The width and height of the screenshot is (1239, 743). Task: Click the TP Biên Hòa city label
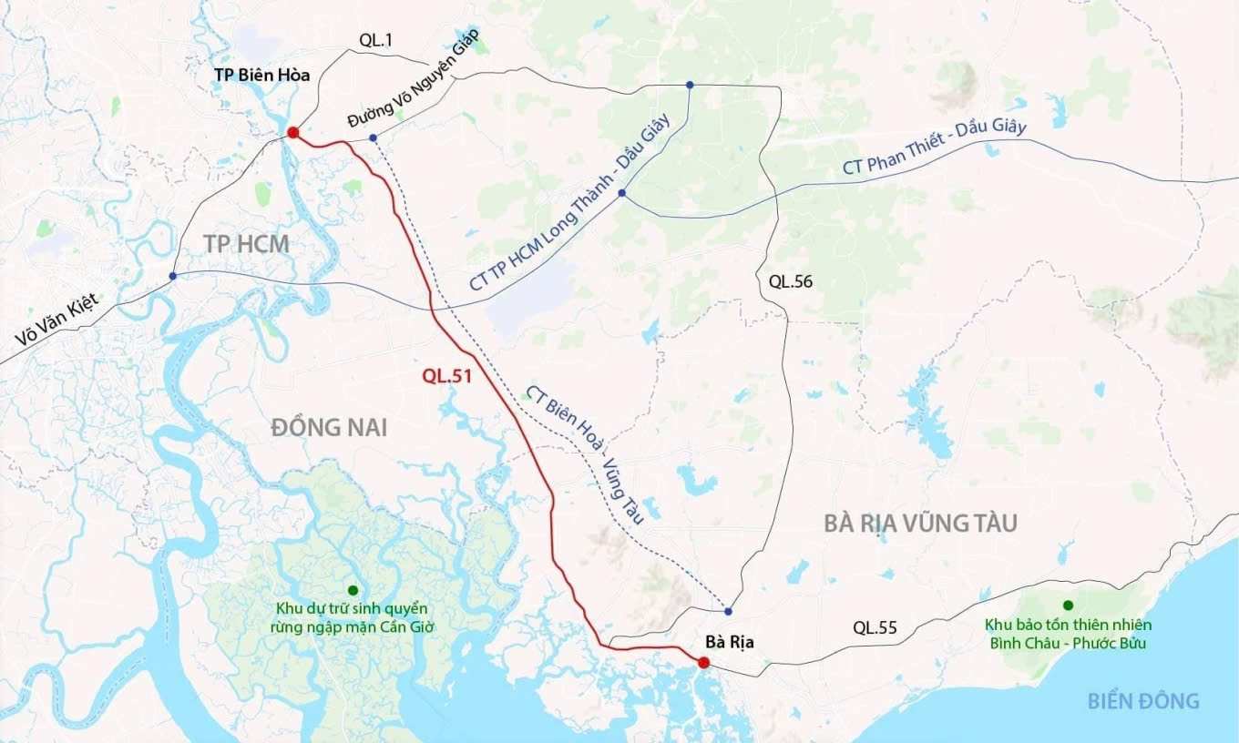point(261,76)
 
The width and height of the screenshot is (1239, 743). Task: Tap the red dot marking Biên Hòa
point(292,133)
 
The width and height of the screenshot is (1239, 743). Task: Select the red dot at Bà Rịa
point(703,662)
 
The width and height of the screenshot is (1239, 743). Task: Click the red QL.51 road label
point(446,373)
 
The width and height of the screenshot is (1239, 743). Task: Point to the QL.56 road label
point(790,281)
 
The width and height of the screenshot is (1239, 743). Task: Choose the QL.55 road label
point(875,627)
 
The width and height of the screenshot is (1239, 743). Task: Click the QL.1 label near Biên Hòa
point(376,39)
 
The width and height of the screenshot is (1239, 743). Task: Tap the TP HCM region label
point(246,244)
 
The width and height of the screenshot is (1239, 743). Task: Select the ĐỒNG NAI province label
point(329,427)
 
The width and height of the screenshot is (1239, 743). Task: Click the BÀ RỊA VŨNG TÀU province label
point(920,524)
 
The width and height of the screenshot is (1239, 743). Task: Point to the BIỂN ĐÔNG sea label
point(1142,700)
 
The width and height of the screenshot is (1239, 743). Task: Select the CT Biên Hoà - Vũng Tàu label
point(585,454)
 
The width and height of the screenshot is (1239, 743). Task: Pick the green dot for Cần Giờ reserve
point(353,590)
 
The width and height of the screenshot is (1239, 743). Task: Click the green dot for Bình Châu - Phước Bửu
point(1068,606)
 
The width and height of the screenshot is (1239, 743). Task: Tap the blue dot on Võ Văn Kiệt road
point(172,276)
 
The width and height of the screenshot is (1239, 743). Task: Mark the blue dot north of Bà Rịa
point(728,611)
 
